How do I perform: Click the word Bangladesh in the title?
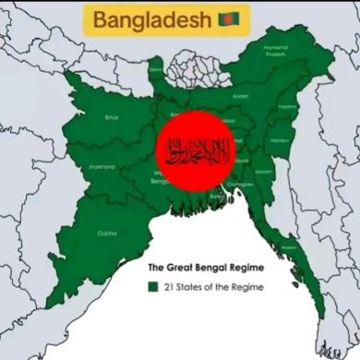tap(151, 18)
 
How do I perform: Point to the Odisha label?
tap(107, 234)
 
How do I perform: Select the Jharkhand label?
tap(102, 167)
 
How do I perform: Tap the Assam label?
tap(240, 96)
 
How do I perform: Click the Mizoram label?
tap(263, 172)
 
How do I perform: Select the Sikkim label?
tap(156, 68)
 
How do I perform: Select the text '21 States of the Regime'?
tap(213, 287)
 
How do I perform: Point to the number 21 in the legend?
tap(170, 287)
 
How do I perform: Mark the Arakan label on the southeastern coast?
tap(289, 247)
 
